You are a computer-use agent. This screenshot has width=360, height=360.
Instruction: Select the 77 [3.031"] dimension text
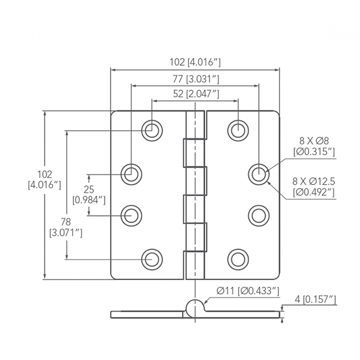click(x=195, y=79)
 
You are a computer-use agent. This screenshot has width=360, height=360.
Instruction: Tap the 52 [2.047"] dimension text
click(x=195, y=94)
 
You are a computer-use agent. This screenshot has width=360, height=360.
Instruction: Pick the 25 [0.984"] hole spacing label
click(x=89, y=194)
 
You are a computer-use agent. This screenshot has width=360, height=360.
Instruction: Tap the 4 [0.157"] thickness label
click(x=315, y=299)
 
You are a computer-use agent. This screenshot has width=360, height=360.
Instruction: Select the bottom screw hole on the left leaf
click(x=152, y=259)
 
